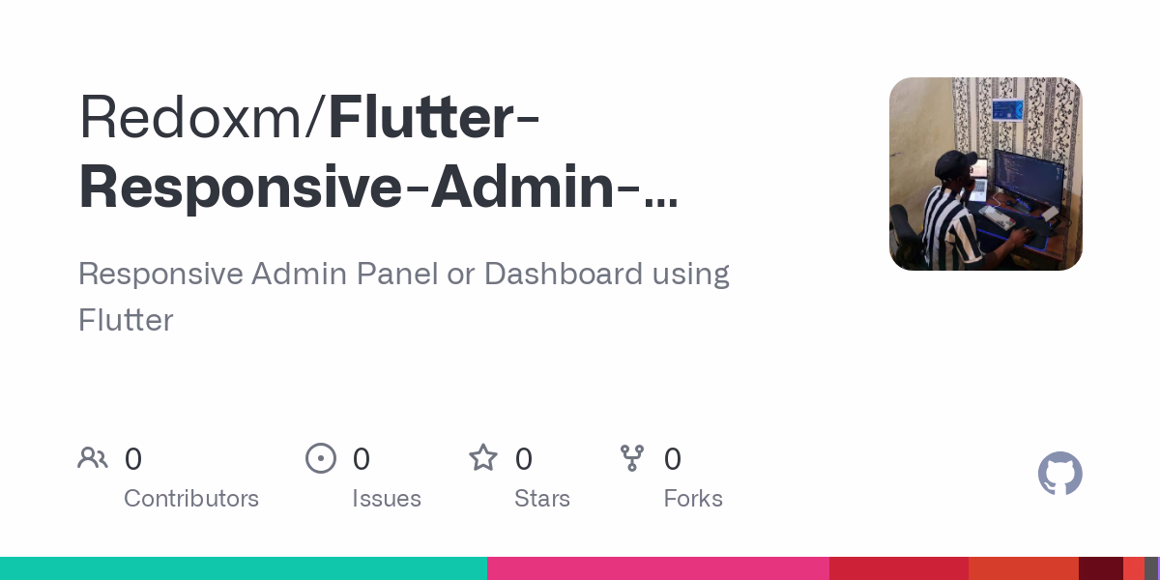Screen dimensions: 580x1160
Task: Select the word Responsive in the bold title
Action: pyautogui.click(x=238, y=188)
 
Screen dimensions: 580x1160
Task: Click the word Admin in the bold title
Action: pyautogui.click(x=522, y=188)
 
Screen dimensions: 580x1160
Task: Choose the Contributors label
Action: pyautogui.click(x=191, y=499)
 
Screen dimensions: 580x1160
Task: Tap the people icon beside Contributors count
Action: pyautogui.click(x=93, y=458)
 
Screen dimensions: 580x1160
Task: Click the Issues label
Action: pyautogui.click(x=387, y=499)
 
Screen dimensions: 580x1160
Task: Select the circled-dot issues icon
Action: pyautogui.click(x=321, y=458)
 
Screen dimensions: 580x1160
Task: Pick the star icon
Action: pyautogui.click(x=483, y=458)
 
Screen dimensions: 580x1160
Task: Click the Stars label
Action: pyautogui.click(x=542, y=499)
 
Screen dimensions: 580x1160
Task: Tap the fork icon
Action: pyautogui.click(x=632, y=458)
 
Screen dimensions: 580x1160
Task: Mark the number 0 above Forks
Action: pyautogui.click(x=673, y=459)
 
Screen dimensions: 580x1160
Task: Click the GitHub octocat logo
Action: pyautogui.click(x=1059, y=474)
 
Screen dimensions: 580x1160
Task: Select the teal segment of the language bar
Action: pyautogui.click(x=243, y=568)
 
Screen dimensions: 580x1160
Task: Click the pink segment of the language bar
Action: pyautogui.click(x=657, y=568)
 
